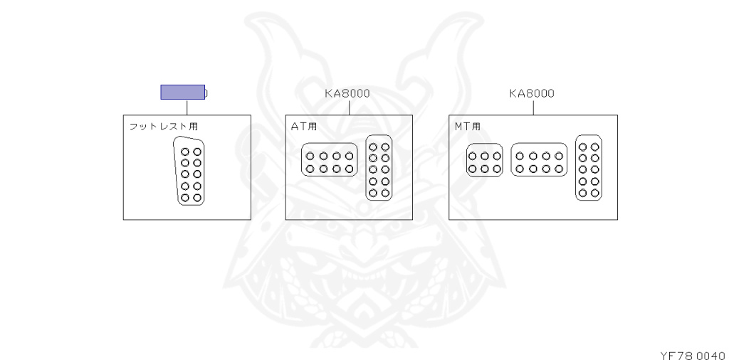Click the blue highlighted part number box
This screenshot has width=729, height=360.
(x=182, y=92)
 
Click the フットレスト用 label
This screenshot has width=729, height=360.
(x=163, y=127)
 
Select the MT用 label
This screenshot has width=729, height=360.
(x=467, y=127)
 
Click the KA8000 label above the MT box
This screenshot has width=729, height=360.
(x=532, y=93)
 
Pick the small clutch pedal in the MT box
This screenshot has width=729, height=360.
(x=485, y=162)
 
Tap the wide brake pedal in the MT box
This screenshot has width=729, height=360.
(x=539, y=162)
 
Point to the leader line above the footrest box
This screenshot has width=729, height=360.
(x=187, y=107)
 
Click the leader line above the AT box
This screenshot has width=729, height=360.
(x=350, y=107)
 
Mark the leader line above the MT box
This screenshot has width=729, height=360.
(x=534, y=107)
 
